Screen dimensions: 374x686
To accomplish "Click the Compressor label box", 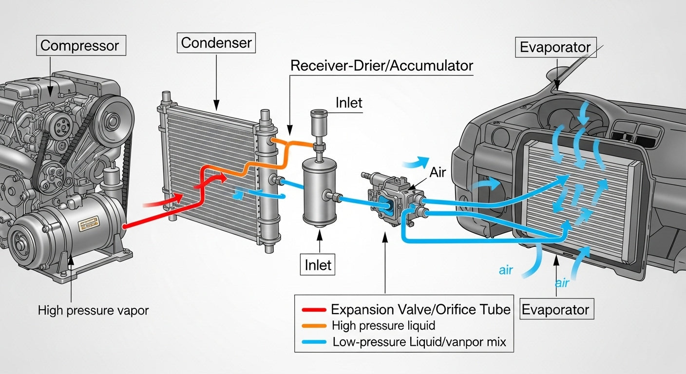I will (79, 46).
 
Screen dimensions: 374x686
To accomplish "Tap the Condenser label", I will (216, 43).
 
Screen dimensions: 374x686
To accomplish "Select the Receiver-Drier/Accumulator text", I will (381, 66).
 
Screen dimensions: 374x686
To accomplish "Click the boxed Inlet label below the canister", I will (318, 265).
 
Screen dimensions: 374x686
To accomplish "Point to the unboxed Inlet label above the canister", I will (349, 103).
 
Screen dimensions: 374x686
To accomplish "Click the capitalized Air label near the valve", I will (438, 172).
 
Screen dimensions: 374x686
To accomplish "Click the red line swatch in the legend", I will (314, 309).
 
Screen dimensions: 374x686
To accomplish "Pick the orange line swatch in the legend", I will (314, 325).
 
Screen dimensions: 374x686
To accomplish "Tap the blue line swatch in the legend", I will (314, 342).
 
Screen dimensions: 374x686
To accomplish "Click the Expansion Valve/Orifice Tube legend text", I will (420, 309).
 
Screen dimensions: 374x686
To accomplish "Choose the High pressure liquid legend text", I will (383, 325).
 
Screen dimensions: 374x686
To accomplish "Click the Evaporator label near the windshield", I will (555, 48).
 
